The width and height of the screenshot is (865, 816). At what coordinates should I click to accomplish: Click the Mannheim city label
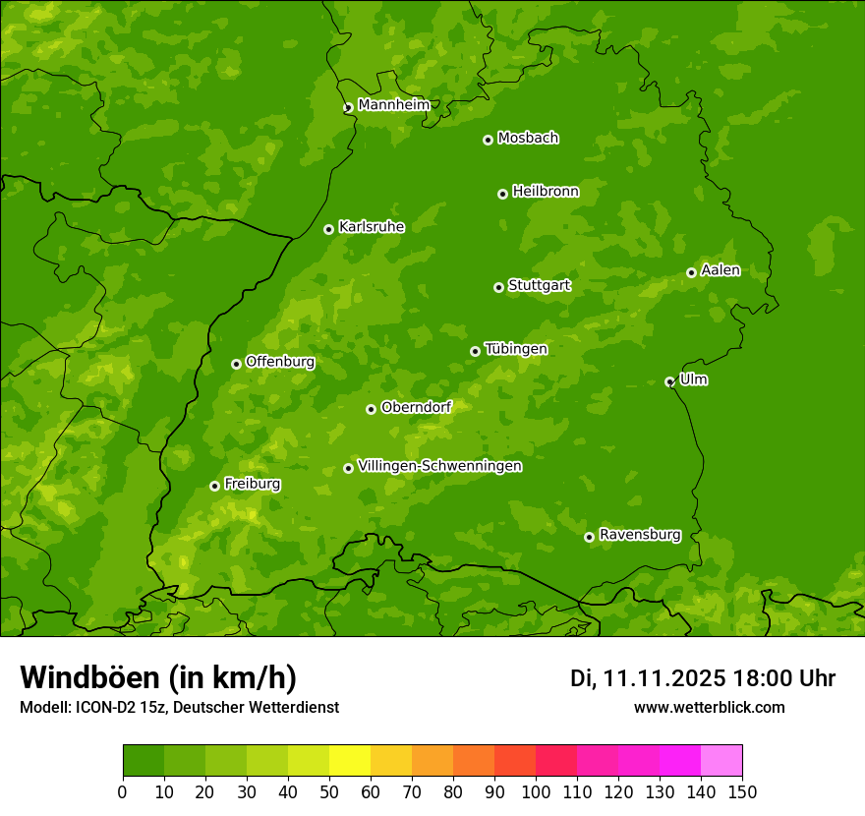pos(394,105)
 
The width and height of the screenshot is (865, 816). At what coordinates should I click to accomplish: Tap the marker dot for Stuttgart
pos(498,287)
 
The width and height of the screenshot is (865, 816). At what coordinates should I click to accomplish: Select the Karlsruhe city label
pos(372,227)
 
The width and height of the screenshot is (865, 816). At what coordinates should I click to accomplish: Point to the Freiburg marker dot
pos(214,486)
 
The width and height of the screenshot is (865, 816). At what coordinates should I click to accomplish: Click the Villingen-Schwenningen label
pos(439,466)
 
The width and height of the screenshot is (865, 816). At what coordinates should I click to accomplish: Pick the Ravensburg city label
pos(640,535)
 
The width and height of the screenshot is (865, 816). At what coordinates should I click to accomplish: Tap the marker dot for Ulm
pos(669,381)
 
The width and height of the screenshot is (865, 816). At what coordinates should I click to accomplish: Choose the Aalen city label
pos(721,270)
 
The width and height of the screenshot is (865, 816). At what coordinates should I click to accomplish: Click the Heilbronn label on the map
pos(546,192)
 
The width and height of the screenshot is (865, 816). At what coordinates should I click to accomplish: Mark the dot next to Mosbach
pos(488,140)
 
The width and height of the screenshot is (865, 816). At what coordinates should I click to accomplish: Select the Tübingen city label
pos(516,349)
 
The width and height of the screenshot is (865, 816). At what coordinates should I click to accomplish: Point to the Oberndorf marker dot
pos(371,409)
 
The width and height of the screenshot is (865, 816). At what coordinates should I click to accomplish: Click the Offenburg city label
pos(280,362)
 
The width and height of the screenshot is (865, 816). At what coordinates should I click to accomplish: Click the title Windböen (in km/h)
pos(158,677)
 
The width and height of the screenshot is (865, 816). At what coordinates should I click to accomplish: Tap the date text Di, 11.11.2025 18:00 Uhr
pos(703,678)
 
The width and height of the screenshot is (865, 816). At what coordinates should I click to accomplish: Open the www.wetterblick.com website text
pos(709,708)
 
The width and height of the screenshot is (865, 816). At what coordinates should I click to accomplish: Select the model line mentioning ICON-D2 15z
pos(179,708)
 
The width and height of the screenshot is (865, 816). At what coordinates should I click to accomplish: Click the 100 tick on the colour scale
pos(536,792)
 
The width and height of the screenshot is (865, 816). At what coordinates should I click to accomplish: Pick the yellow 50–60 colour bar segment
pos(350,761)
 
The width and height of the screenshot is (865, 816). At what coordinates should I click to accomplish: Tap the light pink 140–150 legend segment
pos(721,761)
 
